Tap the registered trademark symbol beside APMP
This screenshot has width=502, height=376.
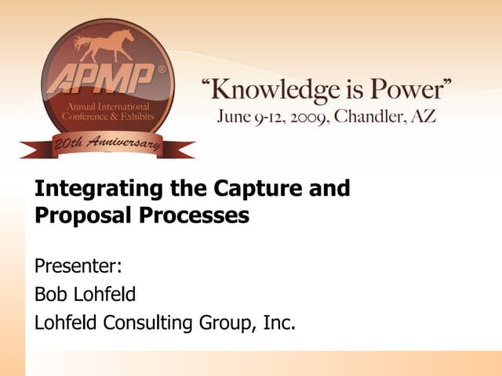click(162, 69)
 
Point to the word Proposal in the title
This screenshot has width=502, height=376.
click(73, 216)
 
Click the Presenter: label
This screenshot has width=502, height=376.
click(78, 266)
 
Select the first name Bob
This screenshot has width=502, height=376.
click(50, 294)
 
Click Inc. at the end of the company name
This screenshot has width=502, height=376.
click(278, 322)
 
